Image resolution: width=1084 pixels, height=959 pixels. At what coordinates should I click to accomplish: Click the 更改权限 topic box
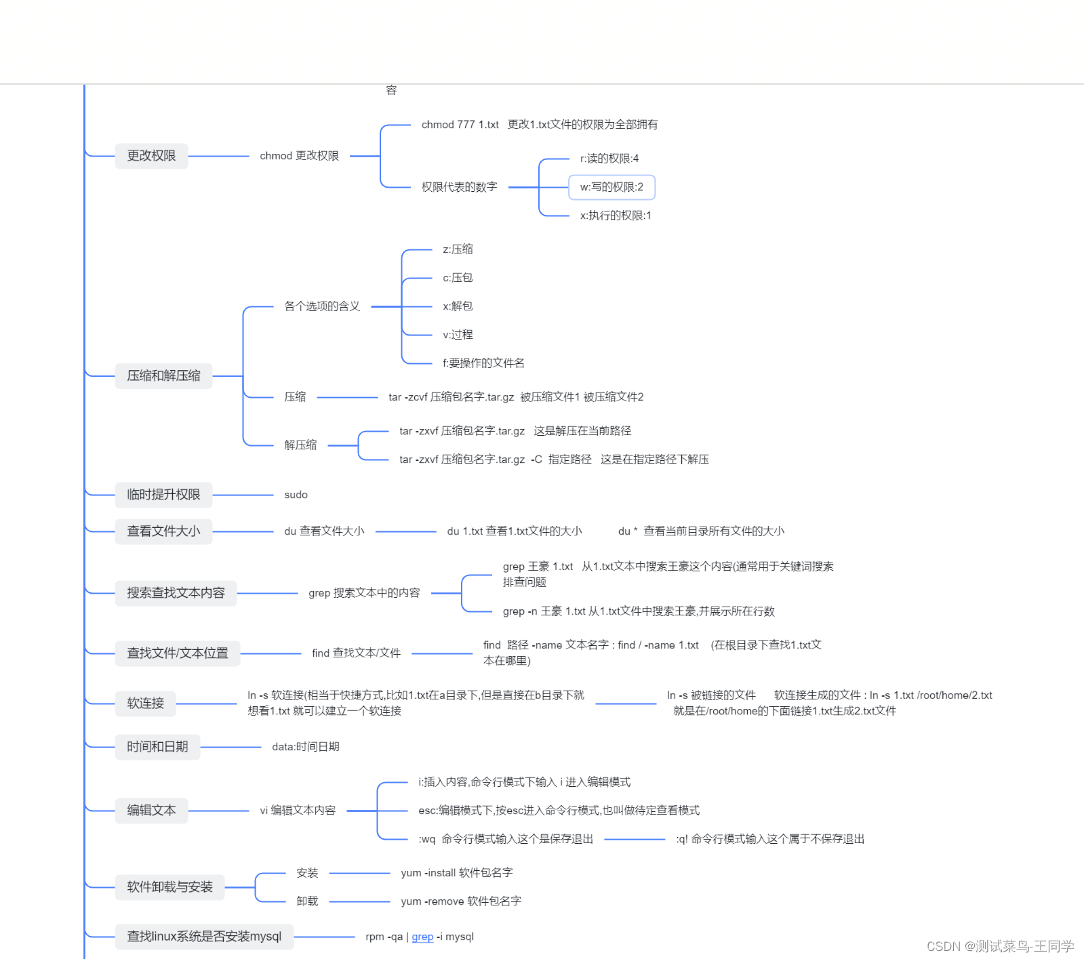pyautogui.click(x=151, y=156)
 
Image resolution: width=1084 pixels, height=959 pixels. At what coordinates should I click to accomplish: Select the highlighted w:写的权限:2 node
pyautogui.click(x=611, y=187)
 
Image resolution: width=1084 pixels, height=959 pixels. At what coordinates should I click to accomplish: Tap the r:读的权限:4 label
pyautogui.click(x=609, y=159)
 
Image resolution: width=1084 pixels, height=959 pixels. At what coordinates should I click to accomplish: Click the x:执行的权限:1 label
pyautogui.click(x=615, y=216)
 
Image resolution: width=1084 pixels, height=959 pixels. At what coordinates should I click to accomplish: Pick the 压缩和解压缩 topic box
pyautogui.click(x=163, y=375)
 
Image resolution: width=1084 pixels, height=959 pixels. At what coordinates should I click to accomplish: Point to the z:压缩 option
pyautogui.click(x=458, y=249)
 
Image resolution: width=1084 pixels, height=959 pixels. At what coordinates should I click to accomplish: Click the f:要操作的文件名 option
pyautogui.click(x=483, y=363)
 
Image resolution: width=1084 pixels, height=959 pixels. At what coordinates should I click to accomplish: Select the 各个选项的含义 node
pyautogui.click(x=322, y=306)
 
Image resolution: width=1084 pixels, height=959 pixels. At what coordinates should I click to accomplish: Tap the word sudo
pyautogui.click(x=296, y=495)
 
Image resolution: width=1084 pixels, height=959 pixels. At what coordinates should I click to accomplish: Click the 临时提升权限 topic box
pyautogui.click(x=163, y=495)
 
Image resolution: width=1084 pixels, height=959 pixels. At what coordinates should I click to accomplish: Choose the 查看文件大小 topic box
pyautogui.click(x=163, y=531)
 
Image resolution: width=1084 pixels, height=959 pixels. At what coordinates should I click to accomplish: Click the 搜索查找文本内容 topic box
pyautogui.click(x=176, y=593)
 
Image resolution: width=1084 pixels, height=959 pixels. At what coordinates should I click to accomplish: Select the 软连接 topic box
pyautogui.click(x=145, y=703)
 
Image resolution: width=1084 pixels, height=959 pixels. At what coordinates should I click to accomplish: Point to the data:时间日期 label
pyautogui.click(x=305, y=747)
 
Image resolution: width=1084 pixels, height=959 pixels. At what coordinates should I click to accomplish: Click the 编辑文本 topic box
pyautogui.click(x=151, y=811)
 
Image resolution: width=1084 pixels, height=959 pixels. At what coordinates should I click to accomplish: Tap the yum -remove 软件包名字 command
pyautogui.click(x=461, y=901)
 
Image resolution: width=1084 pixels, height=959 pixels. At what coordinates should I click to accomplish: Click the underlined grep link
pyautogui.click(x=422, y=937)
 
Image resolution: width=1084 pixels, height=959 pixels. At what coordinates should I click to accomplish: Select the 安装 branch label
pyautogui.click(x=307, y=873)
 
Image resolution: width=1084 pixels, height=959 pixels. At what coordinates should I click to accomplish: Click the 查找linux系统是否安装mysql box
pyautogui.click(x=204, y=937)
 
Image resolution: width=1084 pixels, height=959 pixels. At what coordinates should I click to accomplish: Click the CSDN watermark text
pyautogui.click(x=1000, y=946)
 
